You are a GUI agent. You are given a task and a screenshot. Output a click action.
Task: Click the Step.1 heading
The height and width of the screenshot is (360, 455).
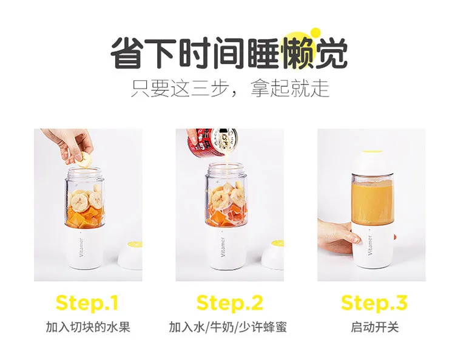87,302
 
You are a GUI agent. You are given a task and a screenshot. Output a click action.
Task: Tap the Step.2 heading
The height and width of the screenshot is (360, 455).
229,302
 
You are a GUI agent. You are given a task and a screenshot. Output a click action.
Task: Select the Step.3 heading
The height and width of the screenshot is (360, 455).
374,302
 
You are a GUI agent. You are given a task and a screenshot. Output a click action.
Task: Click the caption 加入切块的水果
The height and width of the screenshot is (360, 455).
88,327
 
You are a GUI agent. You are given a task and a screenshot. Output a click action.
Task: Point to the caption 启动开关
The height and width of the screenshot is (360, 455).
375,327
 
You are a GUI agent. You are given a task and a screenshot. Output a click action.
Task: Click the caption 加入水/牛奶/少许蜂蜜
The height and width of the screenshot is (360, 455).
227,327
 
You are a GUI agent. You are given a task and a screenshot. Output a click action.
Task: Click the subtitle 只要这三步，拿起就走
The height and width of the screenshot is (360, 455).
230,88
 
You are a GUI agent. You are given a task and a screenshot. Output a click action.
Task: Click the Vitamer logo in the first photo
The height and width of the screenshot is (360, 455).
81,247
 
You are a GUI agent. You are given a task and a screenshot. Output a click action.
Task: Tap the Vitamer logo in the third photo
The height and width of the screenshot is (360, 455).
369,246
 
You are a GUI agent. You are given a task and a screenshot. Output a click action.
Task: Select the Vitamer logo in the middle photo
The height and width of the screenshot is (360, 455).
223,247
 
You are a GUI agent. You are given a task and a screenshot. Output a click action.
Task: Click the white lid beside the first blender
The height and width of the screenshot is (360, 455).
130,255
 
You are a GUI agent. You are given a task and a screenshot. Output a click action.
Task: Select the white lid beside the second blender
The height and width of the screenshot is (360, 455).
273,255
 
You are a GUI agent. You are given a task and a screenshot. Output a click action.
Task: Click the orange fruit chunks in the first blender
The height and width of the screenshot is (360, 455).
85,218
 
